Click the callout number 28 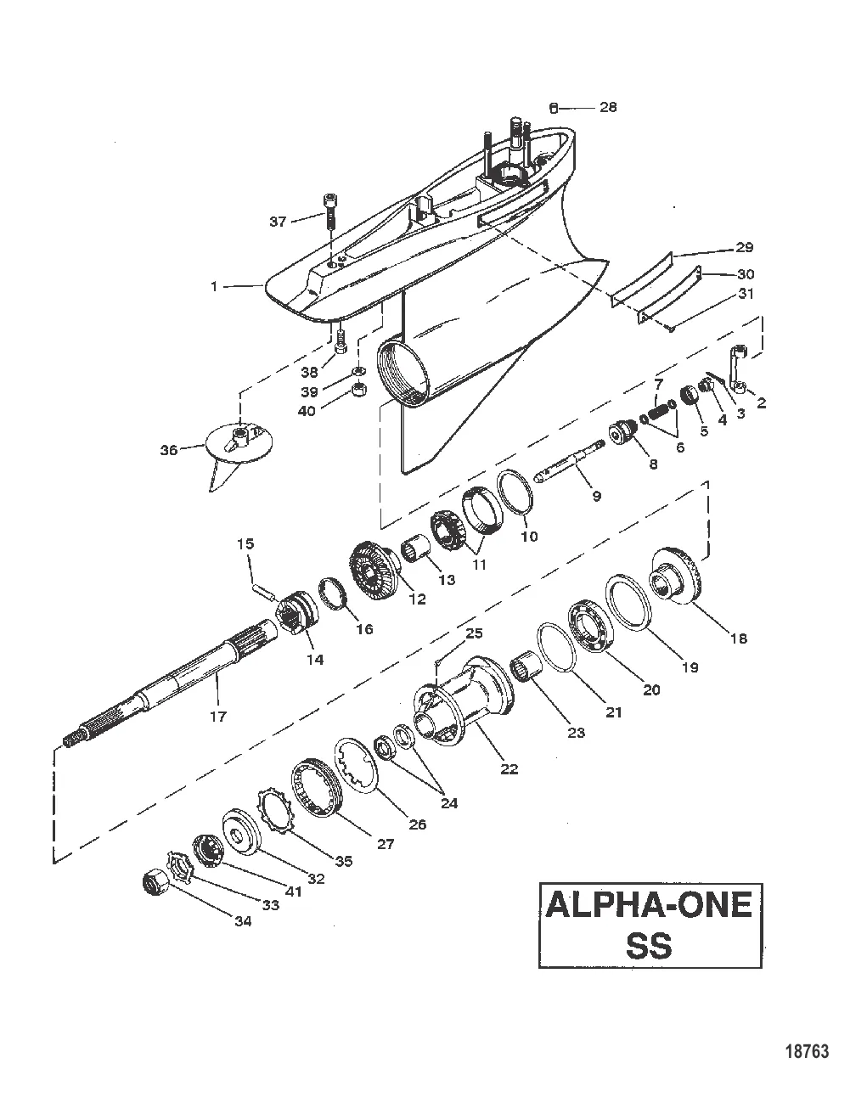point(608,107)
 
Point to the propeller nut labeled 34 point(155,885)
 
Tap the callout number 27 point(386,844)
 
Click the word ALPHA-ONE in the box point(650,905)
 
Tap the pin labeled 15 point(262,587)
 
